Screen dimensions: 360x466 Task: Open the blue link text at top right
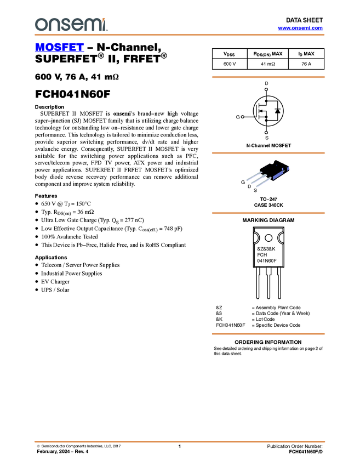click(x=300, y=28)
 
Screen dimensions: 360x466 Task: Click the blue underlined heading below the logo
click(x=59, y=48)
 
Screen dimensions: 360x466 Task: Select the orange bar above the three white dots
click(x=268, y=77)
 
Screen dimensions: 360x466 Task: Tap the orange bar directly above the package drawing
click(x=268, y=153)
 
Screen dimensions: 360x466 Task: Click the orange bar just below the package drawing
click(x=268, y=213)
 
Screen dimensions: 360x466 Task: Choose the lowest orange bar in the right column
click(x=268, y=333)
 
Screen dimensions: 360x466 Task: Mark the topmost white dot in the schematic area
click(x=266, y=89)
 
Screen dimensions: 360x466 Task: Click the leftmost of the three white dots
click(x=242, y=117)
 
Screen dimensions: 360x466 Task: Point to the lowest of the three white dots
click(x=266, y=133)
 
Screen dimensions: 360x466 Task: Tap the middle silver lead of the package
click(x=258, y=179)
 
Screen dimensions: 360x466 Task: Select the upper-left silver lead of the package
click(x=253, y=175)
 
